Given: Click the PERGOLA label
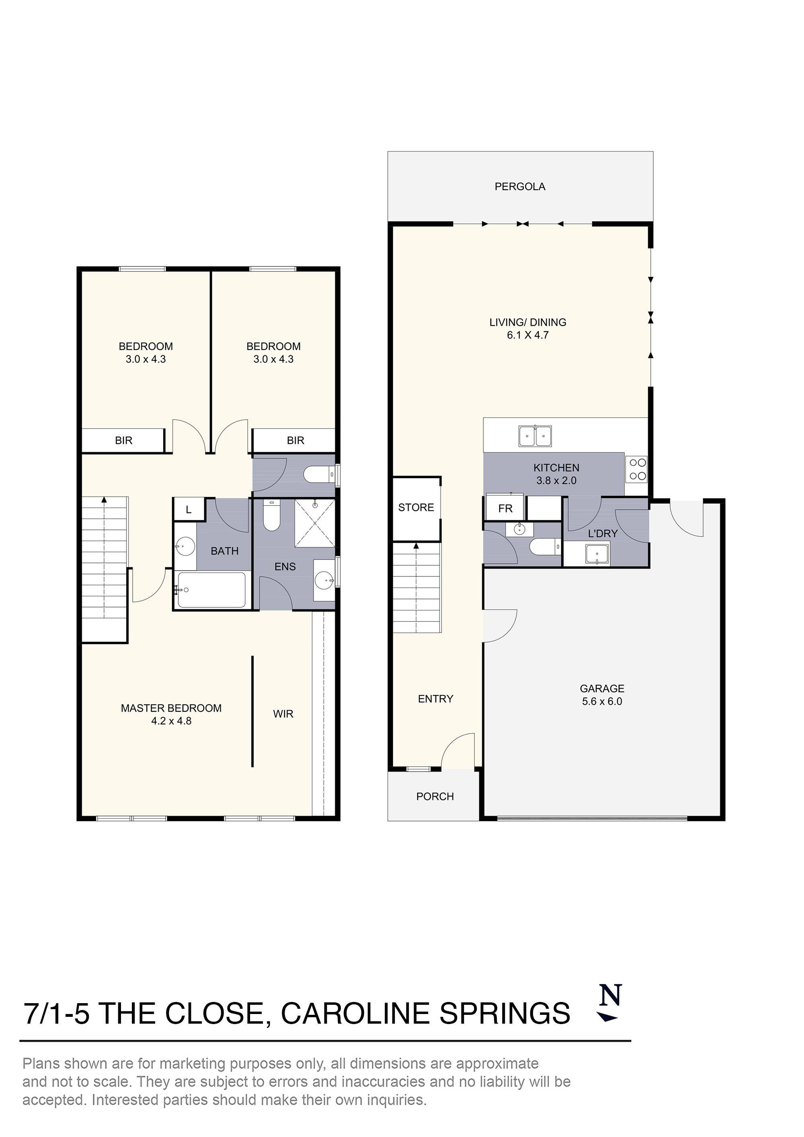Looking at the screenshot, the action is coord(520,187).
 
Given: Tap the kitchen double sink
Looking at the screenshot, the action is coord(535,436).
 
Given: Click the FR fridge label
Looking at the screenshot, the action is coord(505,508).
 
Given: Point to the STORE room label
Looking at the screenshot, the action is coord(416,507).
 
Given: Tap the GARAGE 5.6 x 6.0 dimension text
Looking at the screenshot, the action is coord(602,702).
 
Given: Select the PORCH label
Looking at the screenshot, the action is coord(435,796).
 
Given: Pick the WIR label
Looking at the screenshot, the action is coord(283,714).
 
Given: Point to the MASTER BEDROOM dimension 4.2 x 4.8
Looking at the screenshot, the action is coord(171,721).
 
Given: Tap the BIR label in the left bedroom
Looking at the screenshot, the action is coord(123,440).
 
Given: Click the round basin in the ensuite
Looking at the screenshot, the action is coord(324,579).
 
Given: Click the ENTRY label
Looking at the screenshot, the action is coord(435,699).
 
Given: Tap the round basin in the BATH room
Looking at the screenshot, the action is coord(184,547).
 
